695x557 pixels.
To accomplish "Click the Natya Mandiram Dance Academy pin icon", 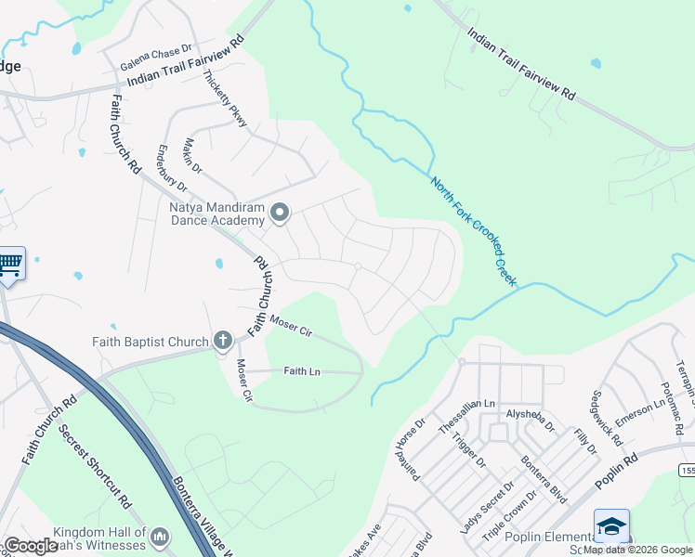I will coord(280,214).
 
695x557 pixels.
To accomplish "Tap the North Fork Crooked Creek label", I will coord(473,230).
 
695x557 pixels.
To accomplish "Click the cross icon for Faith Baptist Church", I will coord(222,342).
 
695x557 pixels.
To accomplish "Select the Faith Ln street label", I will coord(302,371).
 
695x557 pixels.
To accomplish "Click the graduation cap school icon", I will coord(612,526).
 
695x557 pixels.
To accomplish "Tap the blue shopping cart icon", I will coord(10,265).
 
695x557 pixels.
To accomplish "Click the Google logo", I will coord(31,546).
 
